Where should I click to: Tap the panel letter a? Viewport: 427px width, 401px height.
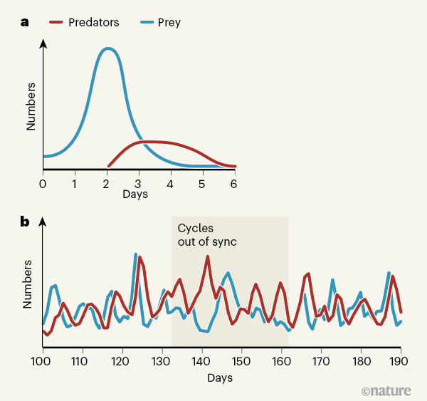25,22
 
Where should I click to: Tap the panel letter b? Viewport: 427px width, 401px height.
25,222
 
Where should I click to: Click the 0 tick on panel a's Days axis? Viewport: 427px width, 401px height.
43,184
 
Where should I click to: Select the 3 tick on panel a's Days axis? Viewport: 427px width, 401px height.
138,184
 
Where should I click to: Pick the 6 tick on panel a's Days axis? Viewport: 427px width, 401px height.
233,184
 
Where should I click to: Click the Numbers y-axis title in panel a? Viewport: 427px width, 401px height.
31,107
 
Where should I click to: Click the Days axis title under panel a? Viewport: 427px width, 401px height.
135,194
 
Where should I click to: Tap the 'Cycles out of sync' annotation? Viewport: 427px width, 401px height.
206,235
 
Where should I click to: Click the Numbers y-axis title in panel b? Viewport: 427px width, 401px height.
28,283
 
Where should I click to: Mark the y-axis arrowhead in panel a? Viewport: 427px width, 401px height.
43,43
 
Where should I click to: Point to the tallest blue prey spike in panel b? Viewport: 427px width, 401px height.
135,254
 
